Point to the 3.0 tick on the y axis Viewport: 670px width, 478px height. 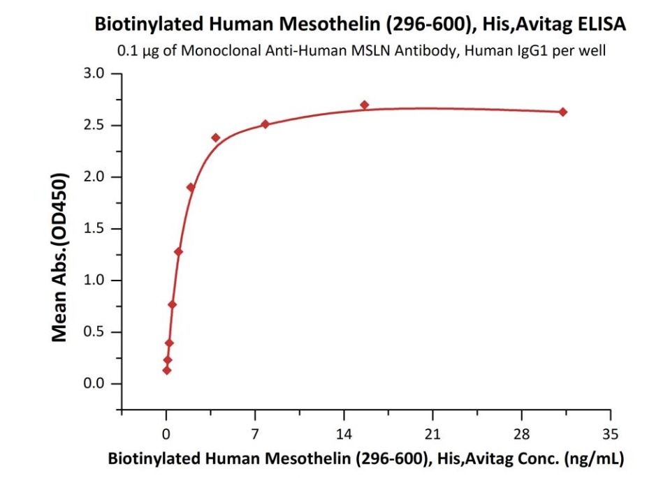92,74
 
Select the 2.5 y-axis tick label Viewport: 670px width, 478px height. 92,126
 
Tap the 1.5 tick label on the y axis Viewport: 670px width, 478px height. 92,229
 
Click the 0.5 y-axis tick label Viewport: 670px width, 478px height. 92,332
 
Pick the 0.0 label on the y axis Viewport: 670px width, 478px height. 92,384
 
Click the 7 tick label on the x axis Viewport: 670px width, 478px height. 255,433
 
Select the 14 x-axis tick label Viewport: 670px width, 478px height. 344,433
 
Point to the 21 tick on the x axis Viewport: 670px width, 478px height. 432,433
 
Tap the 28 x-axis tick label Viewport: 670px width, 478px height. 522,433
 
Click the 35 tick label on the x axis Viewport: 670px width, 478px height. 611,433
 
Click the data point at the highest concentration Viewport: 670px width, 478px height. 563,112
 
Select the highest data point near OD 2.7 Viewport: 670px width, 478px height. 364,105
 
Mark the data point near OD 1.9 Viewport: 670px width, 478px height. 191,187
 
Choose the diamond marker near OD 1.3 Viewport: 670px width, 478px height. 178,251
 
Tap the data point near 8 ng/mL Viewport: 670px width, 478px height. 265,124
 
